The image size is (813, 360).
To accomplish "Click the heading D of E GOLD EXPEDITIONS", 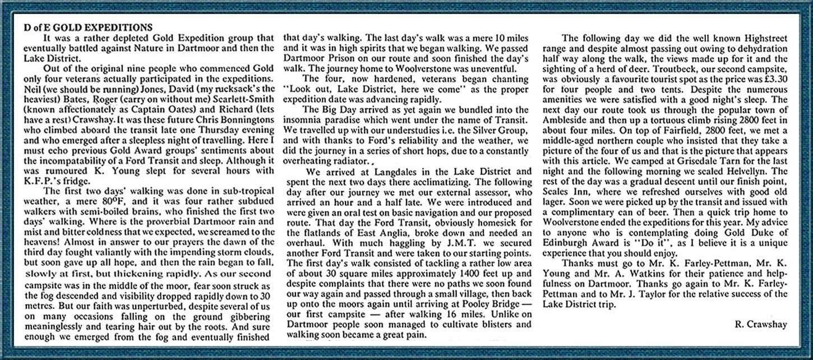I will pyautogui.click(x=88, y=27).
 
